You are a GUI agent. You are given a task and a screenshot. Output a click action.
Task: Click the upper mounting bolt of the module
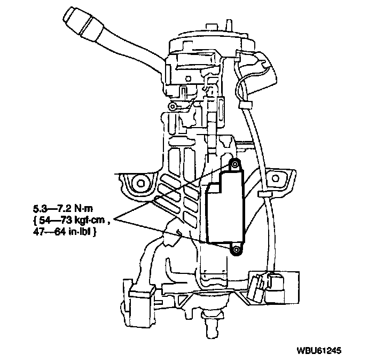click(233, 164)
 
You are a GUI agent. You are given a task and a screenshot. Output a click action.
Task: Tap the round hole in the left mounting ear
click(140, 183)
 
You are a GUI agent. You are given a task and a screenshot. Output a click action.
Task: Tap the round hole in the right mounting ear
click(276, 179)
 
